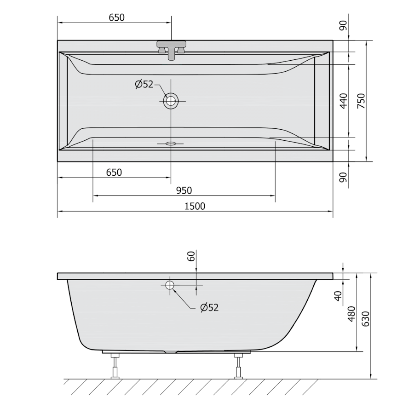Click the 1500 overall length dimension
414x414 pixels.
click(x=195, y=206)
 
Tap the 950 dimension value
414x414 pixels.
click(x=184, y=190)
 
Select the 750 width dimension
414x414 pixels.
click(x=361, y=101)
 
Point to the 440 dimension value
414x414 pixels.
click(x=344, y=101)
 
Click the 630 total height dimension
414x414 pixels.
click(x=365, y=319)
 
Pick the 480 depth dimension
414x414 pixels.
click(x=351, y=314)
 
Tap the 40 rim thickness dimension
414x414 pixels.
click(x=338, y=296)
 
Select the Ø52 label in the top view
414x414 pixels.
click(x=144, y=84)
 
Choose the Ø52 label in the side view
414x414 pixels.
click(x=209, y=307)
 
